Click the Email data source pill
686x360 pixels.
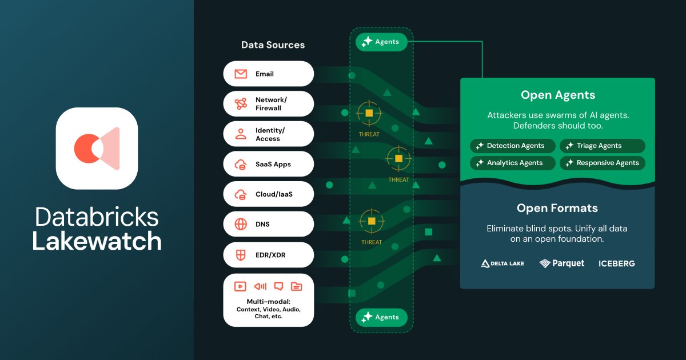[268, 74]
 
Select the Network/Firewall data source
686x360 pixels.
[268, 104]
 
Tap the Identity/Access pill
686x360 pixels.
[268, 134]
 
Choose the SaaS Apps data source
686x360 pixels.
[268, 165]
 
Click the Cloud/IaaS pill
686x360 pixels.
[268, 194]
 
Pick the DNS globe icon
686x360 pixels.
[241, 225]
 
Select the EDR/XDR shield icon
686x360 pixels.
[241, 255]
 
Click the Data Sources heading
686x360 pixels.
[273, 45]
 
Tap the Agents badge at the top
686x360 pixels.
[381, 42]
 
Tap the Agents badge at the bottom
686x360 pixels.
[381, 317]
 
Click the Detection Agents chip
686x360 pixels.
[513, 146]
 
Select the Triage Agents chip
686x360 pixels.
[602, 146]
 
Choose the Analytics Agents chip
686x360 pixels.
[513, 163]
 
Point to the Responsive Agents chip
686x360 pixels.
[602, 163]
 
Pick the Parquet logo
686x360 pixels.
[561, 263]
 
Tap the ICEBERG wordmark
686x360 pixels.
[616, 263]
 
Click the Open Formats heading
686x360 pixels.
[557, 209]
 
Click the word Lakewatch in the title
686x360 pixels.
[97, 242]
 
